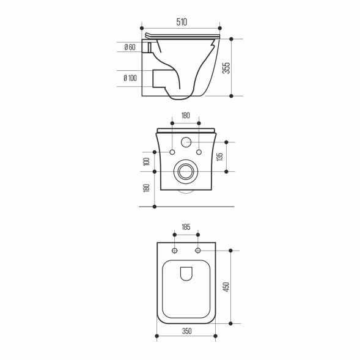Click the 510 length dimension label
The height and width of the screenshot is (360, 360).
[x=181, y=22]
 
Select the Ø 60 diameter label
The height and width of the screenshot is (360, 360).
[x=130, y=47]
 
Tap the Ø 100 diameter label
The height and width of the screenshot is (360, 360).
[x=130, y=78]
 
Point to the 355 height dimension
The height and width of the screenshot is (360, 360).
[x=226, y=68]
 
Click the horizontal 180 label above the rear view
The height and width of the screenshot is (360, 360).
[x=186, y=116]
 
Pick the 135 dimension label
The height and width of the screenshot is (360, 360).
[x=220, y=156]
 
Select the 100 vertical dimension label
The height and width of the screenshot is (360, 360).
[x=147, y=161]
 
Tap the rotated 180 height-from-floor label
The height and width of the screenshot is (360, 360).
[x=147, y=188]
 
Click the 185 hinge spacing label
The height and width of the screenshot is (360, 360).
[x=186, y=227]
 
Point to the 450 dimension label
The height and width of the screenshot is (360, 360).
[x=226, y=287]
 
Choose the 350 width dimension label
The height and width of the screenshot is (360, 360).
[x=186, y=331]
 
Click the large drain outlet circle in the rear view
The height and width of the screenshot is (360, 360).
[x=186, y=172]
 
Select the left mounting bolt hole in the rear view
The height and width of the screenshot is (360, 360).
[x=172, y=152]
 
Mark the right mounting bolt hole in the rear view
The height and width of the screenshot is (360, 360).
[x=199, y=152]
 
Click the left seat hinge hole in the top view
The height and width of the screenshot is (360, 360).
[x=175, y=251]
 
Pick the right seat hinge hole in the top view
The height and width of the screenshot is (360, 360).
[x=198, y=251]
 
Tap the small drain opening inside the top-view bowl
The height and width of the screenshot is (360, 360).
[x=186, y=275]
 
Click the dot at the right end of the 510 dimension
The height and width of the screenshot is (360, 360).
[x=219, y=29]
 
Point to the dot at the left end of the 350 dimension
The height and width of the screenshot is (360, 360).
[x=157, y=336]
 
